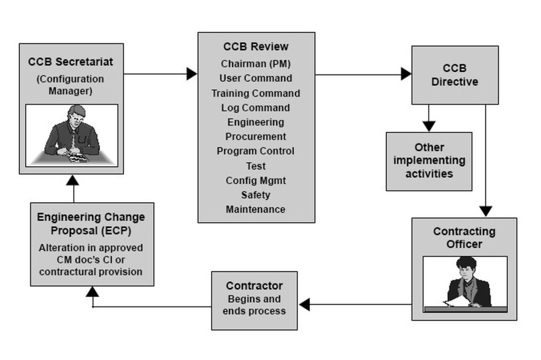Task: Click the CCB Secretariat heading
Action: pyautogui.click(x=70, y=62)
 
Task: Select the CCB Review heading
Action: pyautogui.click(x=256, y=46)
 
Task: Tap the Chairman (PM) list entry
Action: pyautogui.click(x=256, y=64)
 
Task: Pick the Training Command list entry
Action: pyautogui.click(x=256, y=93)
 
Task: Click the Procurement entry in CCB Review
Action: pyautogui.click(x=256, y=137)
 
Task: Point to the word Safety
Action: pyautogui.click(x=256, y=195)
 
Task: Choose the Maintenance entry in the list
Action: pyautogui.click(x=256, y=210)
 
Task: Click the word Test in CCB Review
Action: pyautogui.click(x=256, y=166)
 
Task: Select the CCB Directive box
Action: pyautogui.click(x=455, y=75)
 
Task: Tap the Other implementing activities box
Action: pyautogui.click(x=429, y=162)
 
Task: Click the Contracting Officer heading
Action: pyautogui.click(x=464, y=238)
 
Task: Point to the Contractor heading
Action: pyautogui.click(x=254, y=286)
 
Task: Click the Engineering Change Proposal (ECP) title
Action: pyautogui.click(x=91, y=224)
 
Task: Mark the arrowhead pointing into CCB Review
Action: pyautogui.click(x=192, y=74)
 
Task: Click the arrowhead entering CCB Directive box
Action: pyautogui.click(x=406, y=74)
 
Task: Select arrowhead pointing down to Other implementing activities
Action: pyautogui.click(x=429, y=126)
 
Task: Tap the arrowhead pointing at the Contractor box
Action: pyautogui.click(x=304, y=305)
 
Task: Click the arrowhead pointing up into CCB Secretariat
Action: pyautogui.click(x=72, y=180)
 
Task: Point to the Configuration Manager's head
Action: pyautogui.click(x=76, y=115)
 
